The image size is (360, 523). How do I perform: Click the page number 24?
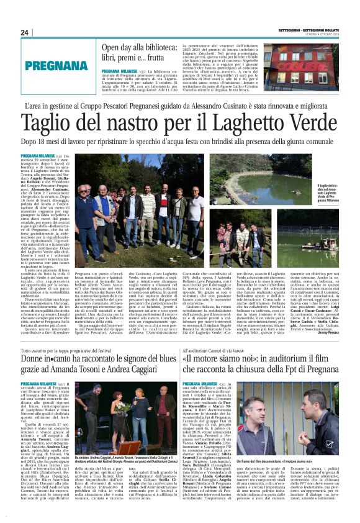coord(25,32)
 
